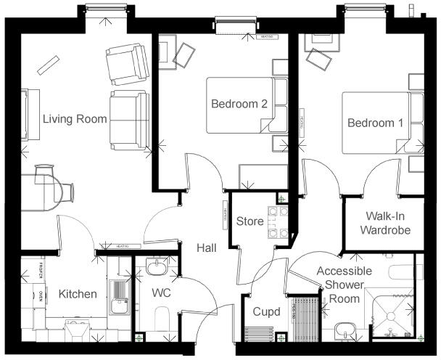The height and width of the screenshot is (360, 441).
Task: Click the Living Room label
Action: tap(75, 119)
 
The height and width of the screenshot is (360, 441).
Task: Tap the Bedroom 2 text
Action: tap(239, 104)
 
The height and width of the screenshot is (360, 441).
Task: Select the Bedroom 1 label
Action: tap(375, 123)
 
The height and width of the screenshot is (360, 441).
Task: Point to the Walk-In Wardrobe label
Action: tap(387, 224)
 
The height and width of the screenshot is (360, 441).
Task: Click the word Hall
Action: tap(207, 248)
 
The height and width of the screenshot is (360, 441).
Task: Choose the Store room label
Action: tap(250, 221)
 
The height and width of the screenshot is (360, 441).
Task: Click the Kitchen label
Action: tap(78, 294)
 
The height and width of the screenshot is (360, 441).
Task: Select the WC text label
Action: tap(161, 294)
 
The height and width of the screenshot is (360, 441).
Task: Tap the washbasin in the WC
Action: tap(157, 268)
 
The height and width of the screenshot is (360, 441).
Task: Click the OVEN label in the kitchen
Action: tap(41, 295)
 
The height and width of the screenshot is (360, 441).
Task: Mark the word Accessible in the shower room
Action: tap(344, 271)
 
